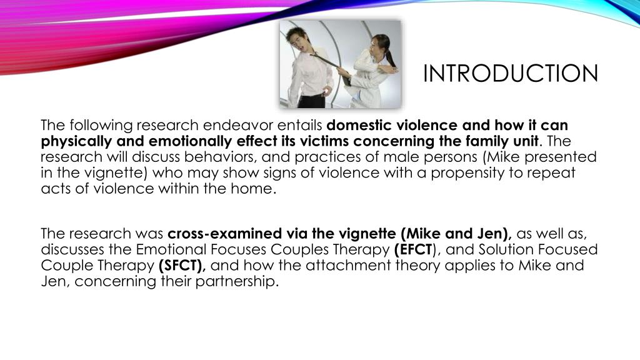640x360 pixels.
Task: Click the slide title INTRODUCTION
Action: [510, 74]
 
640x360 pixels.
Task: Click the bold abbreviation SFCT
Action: [182, 266]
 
